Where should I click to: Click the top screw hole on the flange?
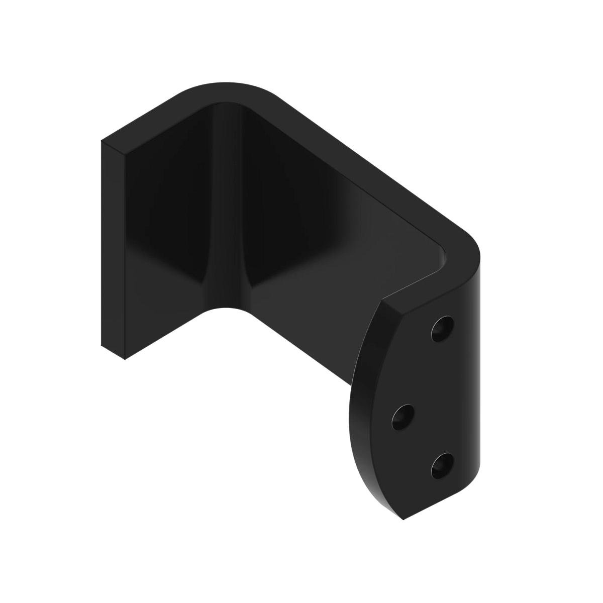[442, 329]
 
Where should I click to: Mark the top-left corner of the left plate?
[102, 141]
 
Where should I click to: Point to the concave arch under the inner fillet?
[226, 308]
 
